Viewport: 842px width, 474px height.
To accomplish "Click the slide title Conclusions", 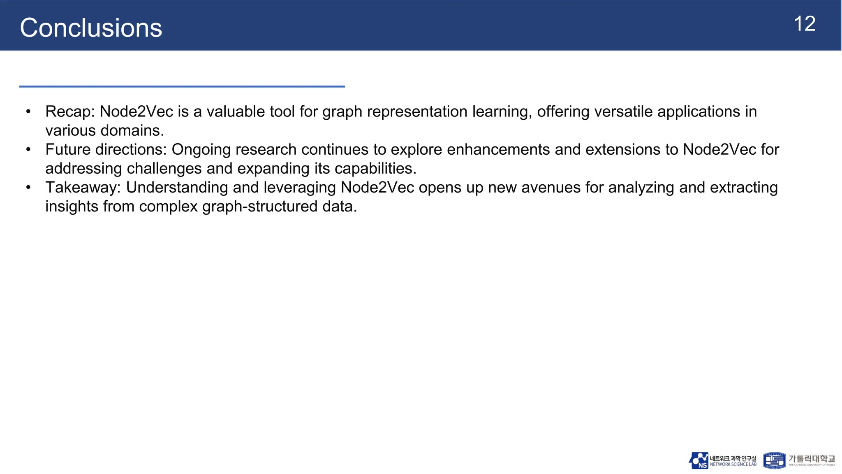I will [x=91, y=28].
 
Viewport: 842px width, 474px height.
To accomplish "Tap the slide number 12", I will [x=804, y=24].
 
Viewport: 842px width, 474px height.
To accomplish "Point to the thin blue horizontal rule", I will [x=182, y=86].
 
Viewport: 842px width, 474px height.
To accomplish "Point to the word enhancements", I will [x=498, y=149].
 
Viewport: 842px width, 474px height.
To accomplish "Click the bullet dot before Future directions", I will [x=28, y=149].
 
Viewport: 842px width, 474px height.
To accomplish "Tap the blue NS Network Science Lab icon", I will [x=699, y=460].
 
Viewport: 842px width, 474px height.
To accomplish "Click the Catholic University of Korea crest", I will [x=775, y=460].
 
